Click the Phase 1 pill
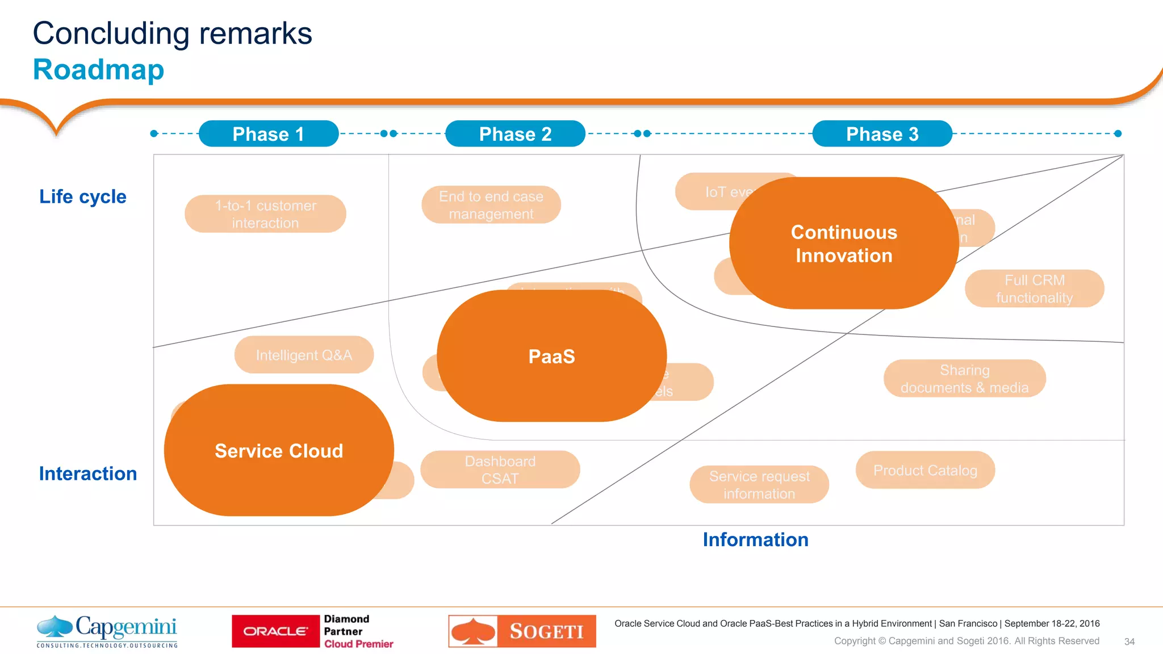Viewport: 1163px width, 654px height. coord(269,134)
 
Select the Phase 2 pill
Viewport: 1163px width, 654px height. coord(515,134)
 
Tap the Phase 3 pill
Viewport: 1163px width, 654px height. coord(882,134)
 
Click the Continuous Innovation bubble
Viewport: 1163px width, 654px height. coord(844,244)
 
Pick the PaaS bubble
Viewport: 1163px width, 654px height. coord(551,357)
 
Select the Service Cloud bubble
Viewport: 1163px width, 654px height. coord(279,451)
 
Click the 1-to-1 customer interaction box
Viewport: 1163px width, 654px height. coord(265,214)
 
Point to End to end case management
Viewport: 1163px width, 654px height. coord(491,205)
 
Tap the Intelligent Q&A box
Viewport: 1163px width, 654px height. coord(304,355)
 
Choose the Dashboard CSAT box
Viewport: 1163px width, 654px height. coord(500,469)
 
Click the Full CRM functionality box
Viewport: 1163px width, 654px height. coord(1034,288)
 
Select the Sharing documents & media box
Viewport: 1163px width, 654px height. coord(964,379)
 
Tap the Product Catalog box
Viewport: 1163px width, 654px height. coord(925,470)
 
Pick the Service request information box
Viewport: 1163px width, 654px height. coord(759,484)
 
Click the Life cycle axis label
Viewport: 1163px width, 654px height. coord(83,196)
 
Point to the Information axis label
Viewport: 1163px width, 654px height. coord(755,539)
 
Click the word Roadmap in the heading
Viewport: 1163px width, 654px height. coord(98,70)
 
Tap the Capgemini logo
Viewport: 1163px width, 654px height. coord(107,631)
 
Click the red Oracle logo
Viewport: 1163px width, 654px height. coord(276,631)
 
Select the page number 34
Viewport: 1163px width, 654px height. coord(1129,642)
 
